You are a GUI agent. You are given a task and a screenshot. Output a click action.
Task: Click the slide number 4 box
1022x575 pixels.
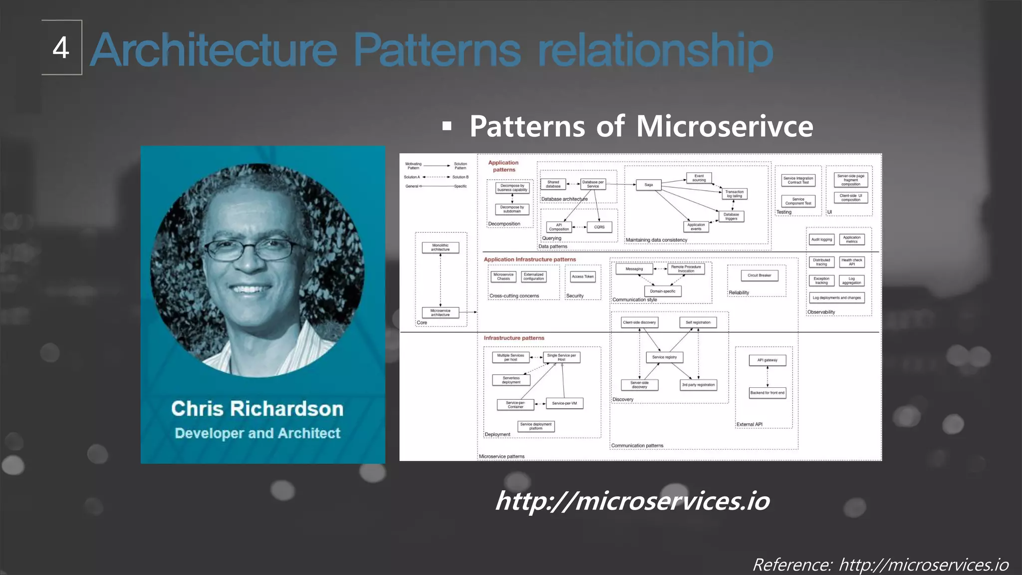[61, 48]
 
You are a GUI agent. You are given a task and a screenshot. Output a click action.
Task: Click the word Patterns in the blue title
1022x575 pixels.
[437, 50]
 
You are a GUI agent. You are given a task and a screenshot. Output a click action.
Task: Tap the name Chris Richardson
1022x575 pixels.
[257, 409]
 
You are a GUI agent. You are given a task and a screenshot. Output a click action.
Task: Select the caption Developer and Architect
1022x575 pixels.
[257, 433]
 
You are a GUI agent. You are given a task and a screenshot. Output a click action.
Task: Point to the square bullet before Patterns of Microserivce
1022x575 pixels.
[447, 126]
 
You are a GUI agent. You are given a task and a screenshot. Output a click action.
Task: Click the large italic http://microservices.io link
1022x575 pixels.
[632, 501]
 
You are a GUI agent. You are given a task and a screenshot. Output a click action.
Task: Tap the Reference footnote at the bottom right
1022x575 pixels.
[880, 565]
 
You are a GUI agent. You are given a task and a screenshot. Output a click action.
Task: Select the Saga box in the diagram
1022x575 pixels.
[648, 185]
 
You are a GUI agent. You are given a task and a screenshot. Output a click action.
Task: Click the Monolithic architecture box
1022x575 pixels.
[440, 248]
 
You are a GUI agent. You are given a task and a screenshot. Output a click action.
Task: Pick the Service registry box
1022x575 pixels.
[664, 357]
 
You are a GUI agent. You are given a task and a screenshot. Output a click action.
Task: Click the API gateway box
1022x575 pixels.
[767, 360]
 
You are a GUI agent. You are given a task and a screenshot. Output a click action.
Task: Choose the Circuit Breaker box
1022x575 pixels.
[759, 275]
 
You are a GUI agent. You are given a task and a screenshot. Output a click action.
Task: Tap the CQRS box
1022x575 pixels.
[599, 227]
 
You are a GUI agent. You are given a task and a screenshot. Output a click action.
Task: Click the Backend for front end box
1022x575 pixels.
[767, 393]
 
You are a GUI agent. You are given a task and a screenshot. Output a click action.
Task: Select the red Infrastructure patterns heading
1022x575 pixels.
[514, 338]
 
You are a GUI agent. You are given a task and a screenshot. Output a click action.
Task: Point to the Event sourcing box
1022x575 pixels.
[699, 178]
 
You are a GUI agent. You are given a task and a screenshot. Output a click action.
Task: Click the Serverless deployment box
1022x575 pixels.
[511, 380]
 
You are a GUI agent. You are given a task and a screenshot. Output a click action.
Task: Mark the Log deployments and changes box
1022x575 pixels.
[836, 298]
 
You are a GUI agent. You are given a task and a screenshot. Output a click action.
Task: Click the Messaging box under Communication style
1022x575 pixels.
[634, 269]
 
